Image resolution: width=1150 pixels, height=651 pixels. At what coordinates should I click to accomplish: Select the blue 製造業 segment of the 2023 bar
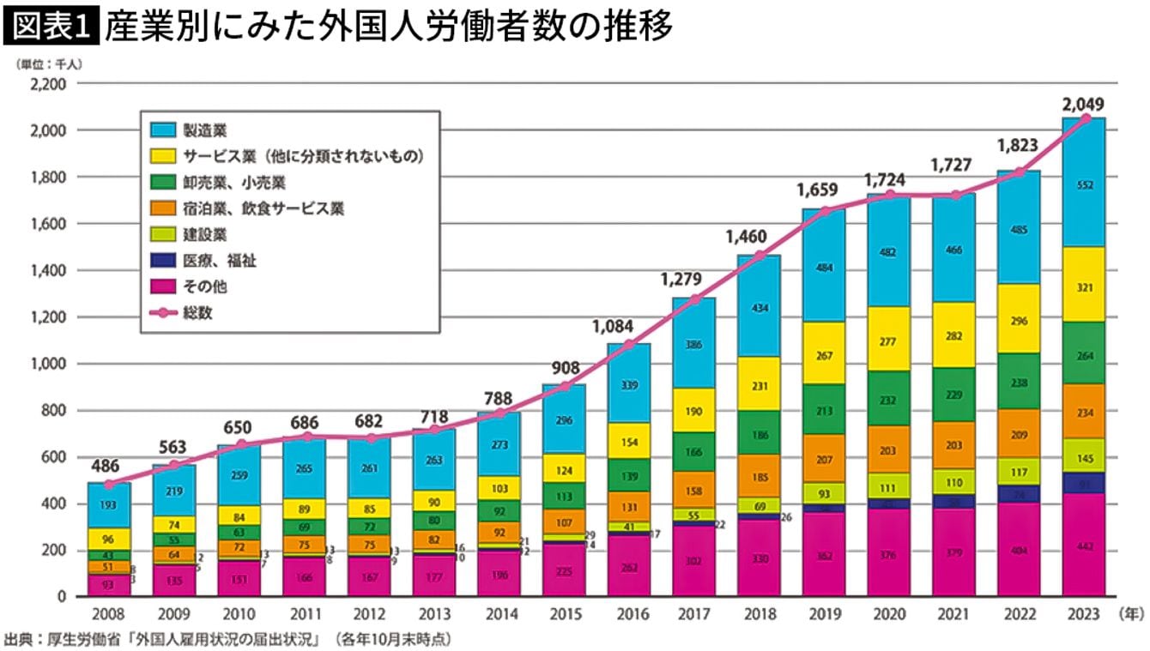(1083, 184)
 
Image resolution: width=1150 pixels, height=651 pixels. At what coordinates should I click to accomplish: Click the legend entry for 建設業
(204, 234)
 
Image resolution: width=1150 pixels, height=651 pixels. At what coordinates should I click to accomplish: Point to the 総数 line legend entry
(196, 313)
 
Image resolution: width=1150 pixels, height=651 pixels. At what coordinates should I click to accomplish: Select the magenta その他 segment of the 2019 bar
(823, 555)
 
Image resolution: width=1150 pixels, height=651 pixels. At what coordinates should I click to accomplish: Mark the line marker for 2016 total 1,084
(628, 345)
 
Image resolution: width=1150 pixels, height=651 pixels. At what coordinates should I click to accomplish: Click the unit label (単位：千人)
(48, 63)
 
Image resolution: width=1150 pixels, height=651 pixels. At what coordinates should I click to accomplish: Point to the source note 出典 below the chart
(227, 639)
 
